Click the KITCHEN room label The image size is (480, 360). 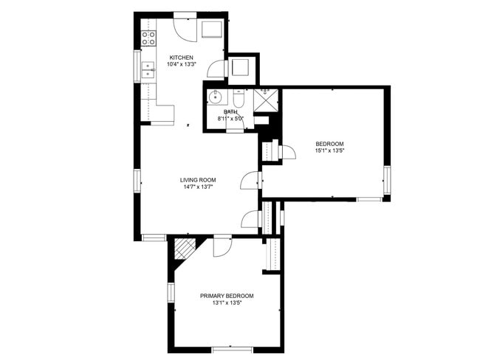(x=181, y=58)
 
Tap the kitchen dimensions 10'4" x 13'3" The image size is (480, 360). (x=181, y=64)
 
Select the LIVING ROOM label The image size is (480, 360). (x=198, y=180)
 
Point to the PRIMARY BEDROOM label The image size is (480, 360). (x=227, y=296)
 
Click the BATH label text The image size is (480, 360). (x=230, y=112)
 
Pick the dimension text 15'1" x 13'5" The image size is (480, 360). (x=329, y=150)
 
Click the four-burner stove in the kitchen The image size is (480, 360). (x=148, y=38)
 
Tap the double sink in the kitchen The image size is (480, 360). (x=148, y=70)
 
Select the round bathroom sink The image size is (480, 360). (x=215, y=97)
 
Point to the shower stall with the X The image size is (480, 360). (x=267, y=100)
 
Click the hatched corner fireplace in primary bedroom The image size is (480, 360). (x=185, y=249)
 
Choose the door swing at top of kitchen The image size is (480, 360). (x=185, y=30)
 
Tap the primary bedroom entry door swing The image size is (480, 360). (x=222, y=247)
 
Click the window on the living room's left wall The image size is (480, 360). (x=137, y=181)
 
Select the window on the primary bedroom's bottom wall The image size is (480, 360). (x=233, y=350)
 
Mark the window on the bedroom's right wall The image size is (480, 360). (x=387, y=180)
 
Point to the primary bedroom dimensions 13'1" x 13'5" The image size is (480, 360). (x=227, y=302)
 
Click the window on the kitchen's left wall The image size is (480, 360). (x=137, y=66)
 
